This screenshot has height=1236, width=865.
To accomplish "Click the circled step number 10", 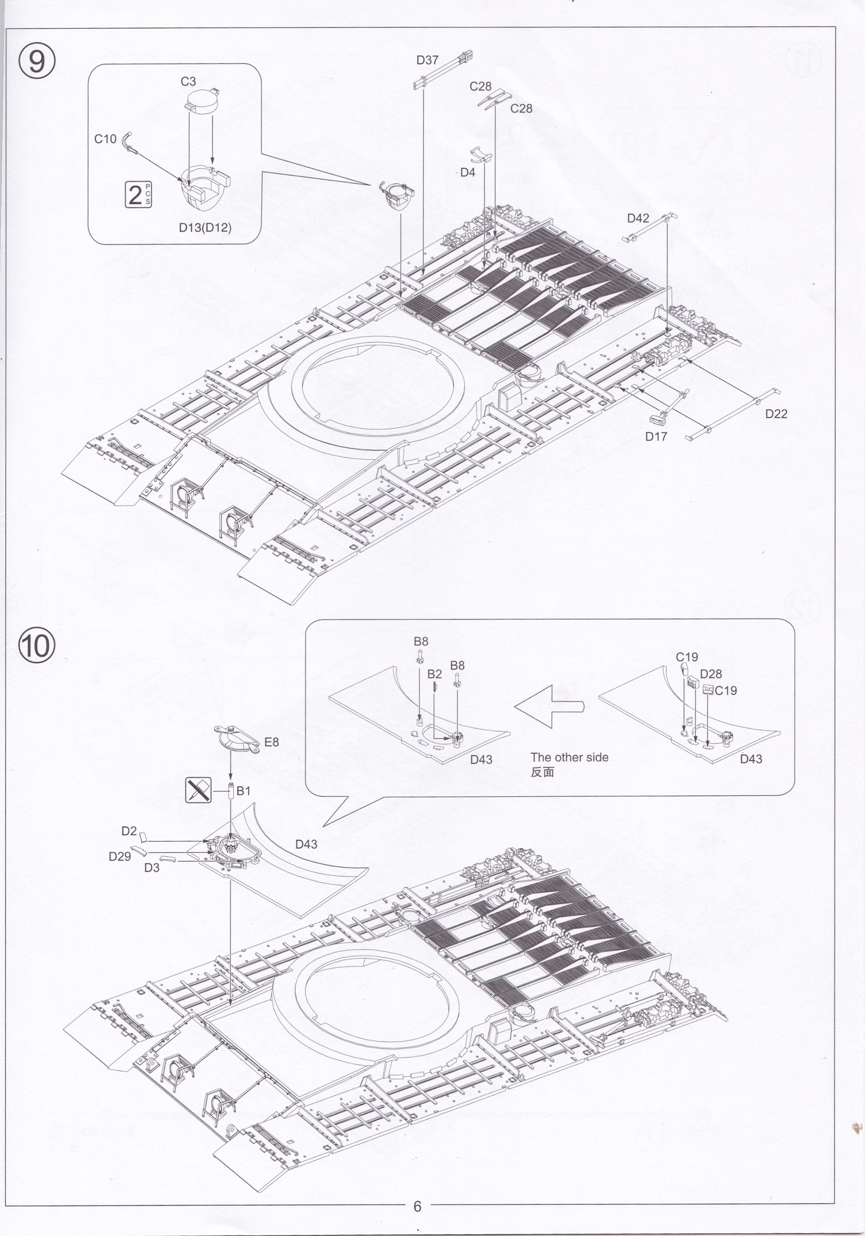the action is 37,646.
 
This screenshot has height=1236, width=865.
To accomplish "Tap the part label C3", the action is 188,82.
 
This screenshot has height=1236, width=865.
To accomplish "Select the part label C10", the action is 105,139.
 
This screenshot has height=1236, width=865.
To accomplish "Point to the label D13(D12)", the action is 205,228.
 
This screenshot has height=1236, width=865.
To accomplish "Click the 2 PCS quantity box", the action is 138,194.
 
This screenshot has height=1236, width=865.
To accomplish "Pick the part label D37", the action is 427,60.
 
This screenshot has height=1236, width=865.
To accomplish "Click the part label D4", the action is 467,172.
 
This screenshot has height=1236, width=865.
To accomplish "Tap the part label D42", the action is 638,218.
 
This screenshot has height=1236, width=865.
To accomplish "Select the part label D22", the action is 776,414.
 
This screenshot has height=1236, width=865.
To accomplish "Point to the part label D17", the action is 656,437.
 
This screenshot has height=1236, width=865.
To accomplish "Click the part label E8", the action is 271,742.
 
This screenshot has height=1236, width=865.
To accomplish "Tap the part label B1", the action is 243,791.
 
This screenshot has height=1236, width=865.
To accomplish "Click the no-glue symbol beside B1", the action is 199,790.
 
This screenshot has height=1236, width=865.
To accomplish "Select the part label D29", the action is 120,856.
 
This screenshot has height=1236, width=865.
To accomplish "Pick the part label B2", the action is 435,674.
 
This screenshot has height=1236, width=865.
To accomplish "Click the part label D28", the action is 711,674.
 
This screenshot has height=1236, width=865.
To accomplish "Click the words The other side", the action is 569,757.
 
